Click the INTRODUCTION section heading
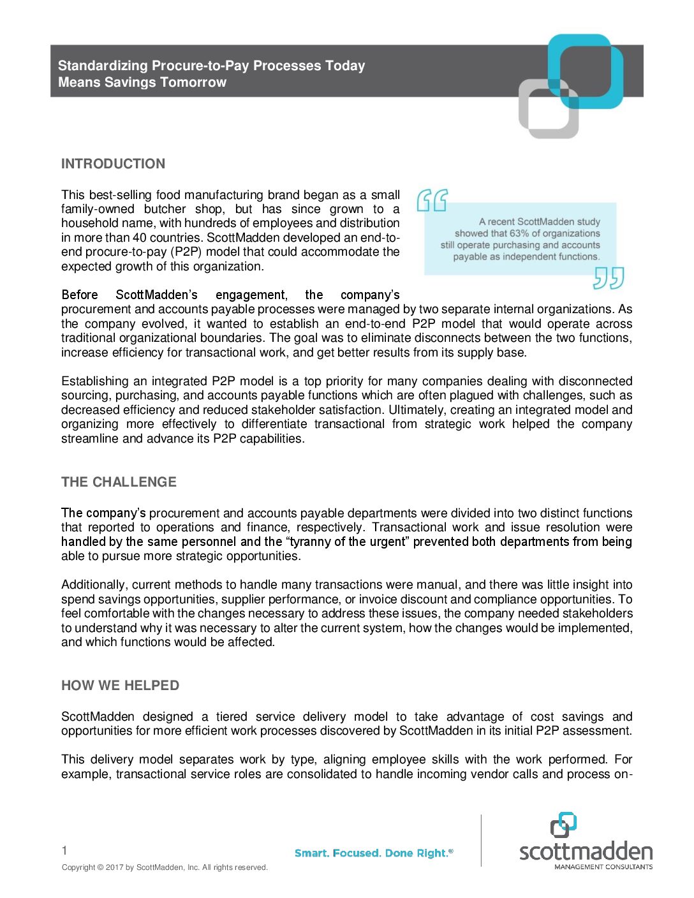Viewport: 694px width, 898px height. click(x=113, y=164)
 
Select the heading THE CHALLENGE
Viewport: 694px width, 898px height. click(x=119, y=482)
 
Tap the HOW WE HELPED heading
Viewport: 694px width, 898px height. click(x=120, y=686)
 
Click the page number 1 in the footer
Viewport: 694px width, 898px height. click(x=64, y=850)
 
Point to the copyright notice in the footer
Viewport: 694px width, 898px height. click(x=165, y=867)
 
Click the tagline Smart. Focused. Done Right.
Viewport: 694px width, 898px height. click(x=374, y=853)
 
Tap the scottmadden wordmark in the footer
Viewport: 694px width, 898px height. click(x=586, y=852)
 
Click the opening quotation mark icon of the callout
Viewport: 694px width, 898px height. click(x=432, y=200)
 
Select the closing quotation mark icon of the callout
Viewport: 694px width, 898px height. click(x=608, y=278)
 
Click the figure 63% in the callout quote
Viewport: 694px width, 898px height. click(x=519, y=233)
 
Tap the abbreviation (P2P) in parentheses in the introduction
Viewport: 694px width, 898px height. click(x=186, y=252)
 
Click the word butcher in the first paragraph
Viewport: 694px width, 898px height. click(x=165, y=209)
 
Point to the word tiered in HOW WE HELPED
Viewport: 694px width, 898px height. click(x=230, y=717)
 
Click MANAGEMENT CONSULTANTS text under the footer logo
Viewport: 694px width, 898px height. click(x=603, y=867)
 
